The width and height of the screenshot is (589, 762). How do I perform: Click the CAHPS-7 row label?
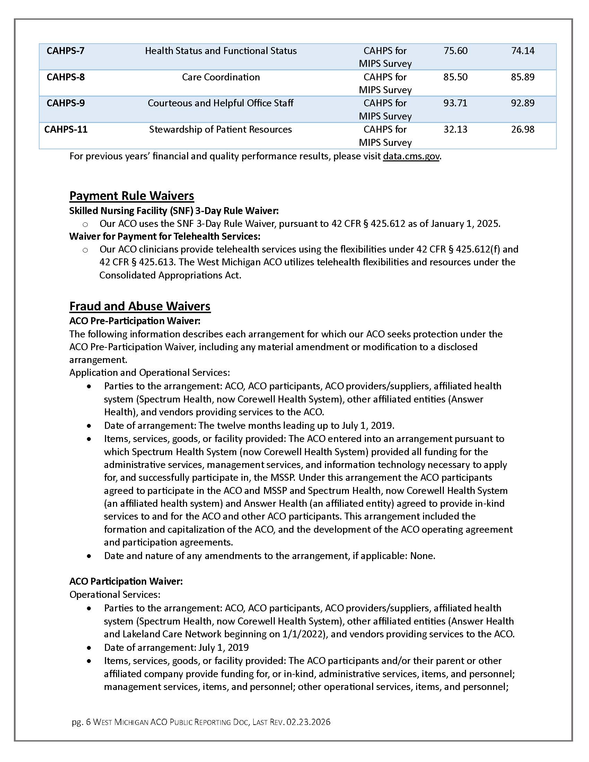click(65, 51)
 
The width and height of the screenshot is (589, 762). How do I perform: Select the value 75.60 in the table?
click(455, 51)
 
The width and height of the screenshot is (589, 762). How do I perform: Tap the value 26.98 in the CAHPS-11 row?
click(522, 130)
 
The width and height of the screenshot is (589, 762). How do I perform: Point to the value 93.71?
click(455, 103)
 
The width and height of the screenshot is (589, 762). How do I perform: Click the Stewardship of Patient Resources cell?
click(220, 130)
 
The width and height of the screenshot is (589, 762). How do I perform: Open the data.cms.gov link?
click(411, 156)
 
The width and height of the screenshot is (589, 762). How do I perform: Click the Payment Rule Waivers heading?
click(132, 196)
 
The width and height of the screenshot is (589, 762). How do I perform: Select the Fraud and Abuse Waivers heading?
click(140, 306)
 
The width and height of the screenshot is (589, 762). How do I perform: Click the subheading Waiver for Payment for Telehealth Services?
click(165, 237)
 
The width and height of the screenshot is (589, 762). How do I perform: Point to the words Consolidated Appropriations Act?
click(170, 275)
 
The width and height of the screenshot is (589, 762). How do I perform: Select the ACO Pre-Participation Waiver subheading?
click(135, 321)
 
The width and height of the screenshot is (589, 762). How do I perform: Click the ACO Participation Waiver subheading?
click(126, 581)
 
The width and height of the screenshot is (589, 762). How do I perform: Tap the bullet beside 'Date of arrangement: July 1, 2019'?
click(90, 648)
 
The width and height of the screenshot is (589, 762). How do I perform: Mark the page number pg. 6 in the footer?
click(81, 722)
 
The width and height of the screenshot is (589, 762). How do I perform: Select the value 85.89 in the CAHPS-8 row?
click(522, 77)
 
